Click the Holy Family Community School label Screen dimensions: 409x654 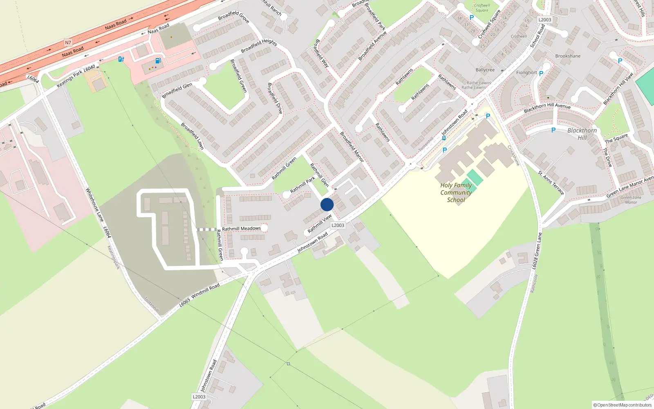[456, 192]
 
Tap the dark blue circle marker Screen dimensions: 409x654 [327, 204]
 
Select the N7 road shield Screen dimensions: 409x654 [68, 43]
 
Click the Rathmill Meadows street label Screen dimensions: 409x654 [241, 229]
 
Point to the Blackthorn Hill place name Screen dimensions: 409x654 [582, 134]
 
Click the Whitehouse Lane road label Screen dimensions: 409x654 [94, 205]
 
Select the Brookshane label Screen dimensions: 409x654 [568, 56]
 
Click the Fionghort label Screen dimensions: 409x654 [526, 73]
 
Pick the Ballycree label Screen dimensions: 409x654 [485, 70]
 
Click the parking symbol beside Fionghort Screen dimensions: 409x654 [541, 74]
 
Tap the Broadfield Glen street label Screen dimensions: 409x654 [177, 91]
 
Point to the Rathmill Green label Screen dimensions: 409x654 [284, 169]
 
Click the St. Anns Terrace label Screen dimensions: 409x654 [551, 182]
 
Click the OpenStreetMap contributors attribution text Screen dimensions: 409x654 [623, 405]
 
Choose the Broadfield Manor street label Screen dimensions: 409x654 [352, 146]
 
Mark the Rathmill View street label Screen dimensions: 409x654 [320, 224]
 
